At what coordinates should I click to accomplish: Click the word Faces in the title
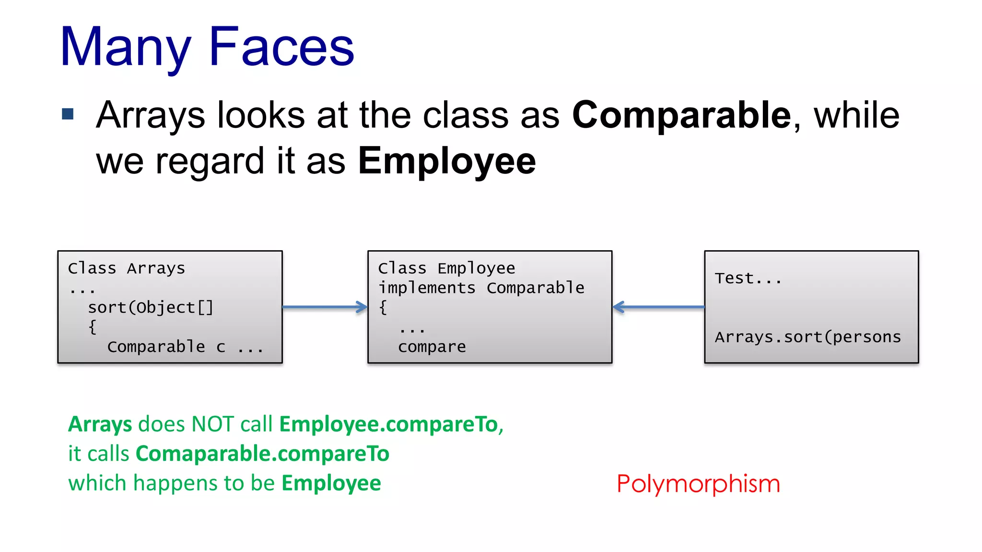[281, 47]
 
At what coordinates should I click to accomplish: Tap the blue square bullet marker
[68, 114]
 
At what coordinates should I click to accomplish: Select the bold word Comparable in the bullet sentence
[681, 115]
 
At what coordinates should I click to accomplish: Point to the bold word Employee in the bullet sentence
[447, 161]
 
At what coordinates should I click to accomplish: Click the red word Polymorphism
[698, 484]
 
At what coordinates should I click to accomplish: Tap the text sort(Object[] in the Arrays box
[150, 308]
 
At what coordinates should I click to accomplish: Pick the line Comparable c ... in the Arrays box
[185, 347]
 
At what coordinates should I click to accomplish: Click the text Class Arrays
[127, 268]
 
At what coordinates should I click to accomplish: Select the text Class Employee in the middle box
[446, 268]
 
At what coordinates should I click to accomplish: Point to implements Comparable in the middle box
[481, 288]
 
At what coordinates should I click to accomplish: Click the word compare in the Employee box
[432, 347]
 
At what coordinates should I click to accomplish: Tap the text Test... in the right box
[748, 278]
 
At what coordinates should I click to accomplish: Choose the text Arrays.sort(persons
[808, 337]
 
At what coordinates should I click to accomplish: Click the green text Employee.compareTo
[388, 425]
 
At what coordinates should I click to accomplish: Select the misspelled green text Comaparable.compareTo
[262, 454]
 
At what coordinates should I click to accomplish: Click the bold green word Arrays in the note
[100, 425]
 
